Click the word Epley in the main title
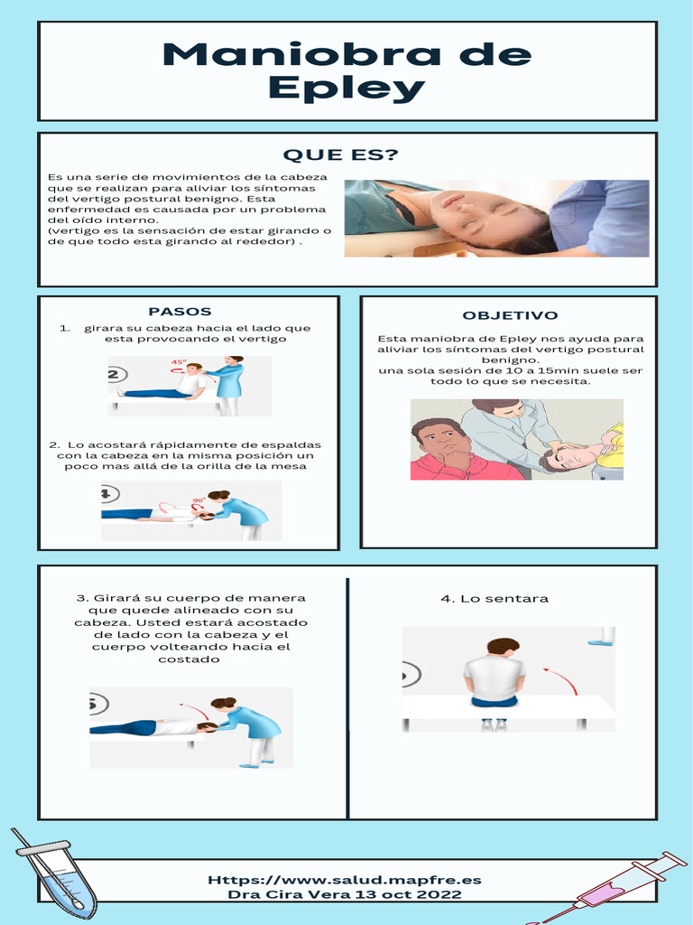346,89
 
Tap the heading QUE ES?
341,155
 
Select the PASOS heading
180,312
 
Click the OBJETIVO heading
510,315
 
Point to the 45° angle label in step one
178,363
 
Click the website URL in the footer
345,879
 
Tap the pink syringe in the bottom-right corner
623,886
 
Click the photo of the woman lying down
496,219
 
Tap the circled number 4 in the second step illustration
107,494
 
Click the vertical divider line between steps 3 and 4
347,696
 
